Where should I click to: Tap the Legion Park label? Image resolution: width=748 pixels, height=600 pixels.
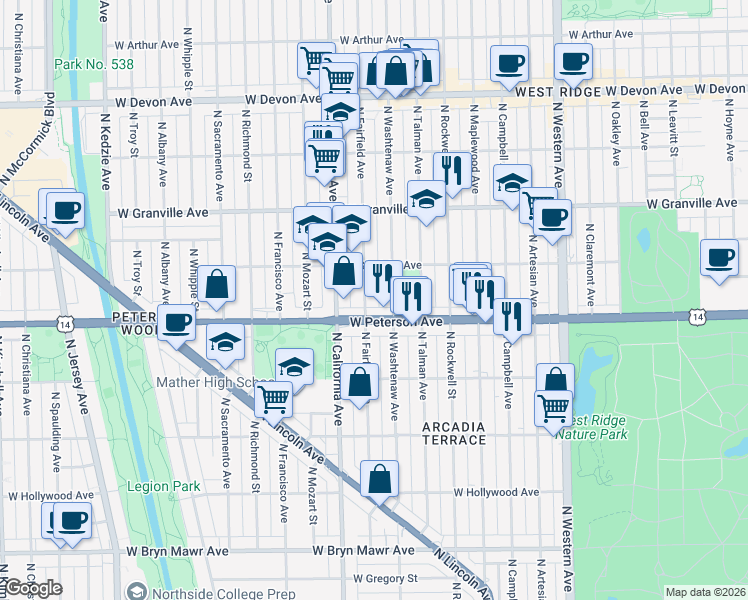click(163, 487)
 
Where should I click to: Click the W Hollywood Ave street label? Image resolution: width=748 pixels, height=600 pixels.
click(496, 492)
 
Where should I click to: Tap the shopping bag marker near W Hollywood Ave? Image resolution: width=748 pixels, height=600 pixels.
click(380, 479)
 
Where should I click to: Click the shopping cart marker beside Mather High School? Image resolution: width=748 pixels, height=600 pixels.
click(273, 399)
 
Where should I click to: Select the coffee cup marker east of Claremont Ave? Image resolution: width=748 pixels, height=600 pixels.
click(720, 258)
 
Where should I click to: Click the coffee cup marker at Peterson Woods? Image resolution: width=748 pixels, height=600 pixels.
click(177, 323)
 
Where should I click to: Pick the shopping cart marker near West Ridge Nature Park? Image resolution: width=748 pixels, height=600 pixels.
click(554, 406)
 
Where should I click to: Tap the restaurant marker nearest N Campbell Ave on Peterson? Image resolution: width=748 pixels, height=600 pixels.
click(512, 316)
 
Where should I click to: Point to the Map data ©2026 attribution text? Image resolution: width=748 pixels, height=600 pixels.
click(705, 592)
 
